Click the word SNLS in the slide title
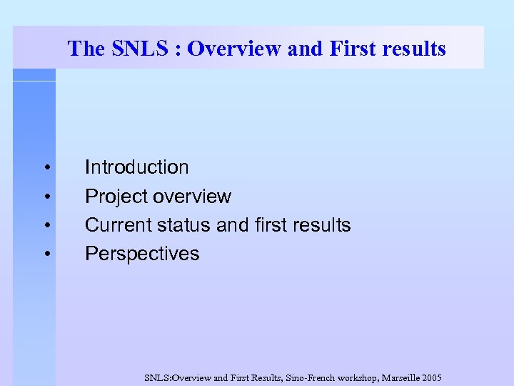pyautogui.click(x=138, y=49)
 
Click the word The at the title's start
pyautogui.click(x=86, y=49)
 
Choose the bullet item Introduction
pyautogui.click(x=137, y=167)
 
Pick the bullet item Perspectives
pyautogui.click(x=142, y=254)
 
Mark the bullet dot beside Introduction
pyautogui.click(x=46, y=168)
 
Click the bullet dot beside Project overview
pyautogui.click(x=46, y=197)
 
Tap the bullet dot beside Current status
pyautogui.click(x=46, y=226)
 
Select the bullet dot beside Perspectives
pyautogui.click(x=46, y=254)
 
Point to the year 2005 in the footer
pyautogui.click(x=431, y=377)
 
